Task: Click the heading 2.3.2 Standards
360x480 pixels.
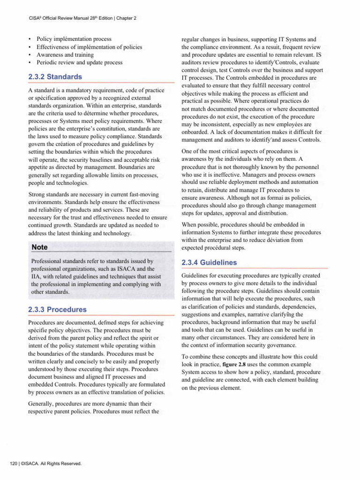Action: click(x=55, y=77)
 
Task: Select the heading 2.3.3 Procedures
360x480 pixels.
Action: click(x=57, y=310)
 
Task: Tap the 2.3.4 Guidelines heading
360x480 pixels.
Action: click(x=209, y=263)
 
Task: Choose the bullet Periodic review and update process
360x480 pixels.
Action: click(x=79, y=62)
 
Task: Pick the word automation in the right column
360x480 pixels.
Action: click(x=304, y=183)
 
